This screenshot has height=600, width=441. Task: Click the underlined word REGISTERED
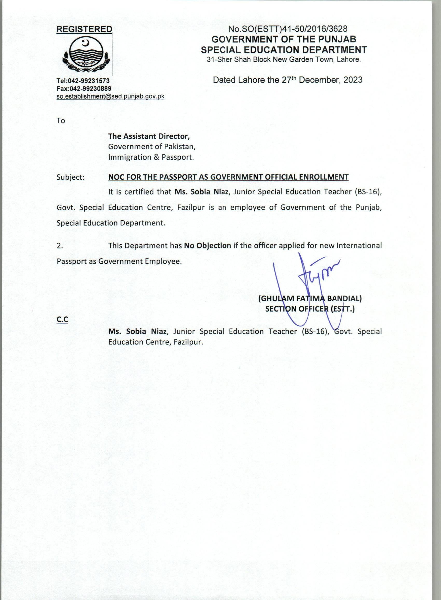84,29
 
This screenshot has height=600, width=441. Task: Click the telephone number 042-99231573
88,81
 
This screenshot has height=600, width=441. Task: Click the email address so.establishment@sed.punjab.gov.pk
110,96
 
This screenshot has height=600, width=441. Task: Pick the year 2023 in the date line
353,80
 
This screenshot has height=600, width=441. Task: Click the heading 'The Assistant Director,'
149,136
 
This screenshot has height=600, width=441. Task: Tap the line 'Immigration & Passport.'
151,157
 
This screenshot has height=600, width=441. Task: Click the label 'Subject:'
71,177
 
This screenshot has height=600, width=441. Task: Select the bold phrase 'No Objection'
208,246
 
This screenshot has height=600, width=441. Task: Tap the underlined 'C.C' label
62,320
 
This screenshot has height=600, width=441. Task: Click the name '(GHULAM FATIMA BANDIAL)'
310,298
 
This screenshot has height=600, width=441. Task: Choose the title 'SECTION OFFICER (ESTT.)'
310,309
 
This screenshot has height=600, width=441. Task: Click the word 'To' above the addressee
61,121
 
